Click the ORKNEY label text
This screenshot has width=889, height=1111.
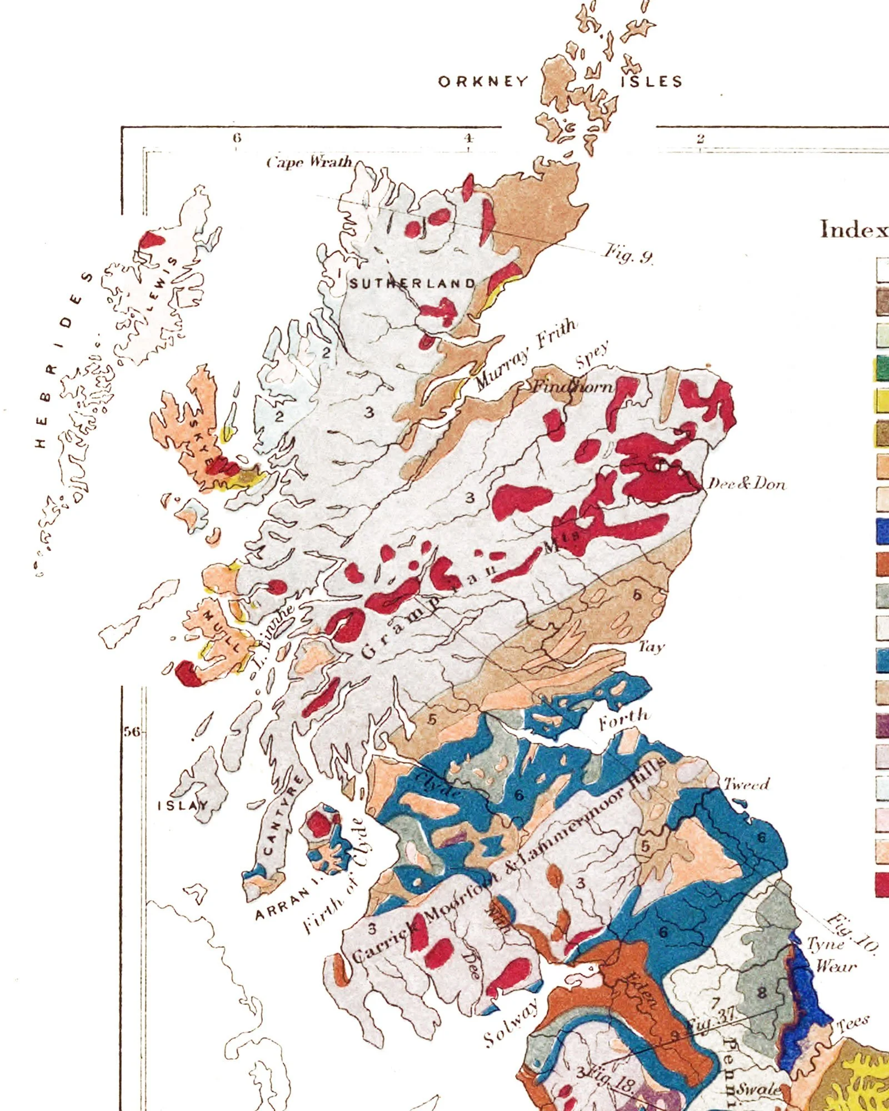pos(483,82)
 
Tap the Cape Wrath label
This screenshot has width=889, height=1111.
pos(309,162)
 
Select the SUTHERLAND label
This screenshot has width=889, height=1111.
pos(412,283)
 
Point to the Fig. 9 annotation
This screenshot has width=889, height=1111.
pos(628,253)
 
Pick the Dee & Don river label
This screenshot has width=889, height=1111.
pos(747,484)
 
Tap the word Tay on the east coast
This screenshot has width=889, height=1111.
pos(651,647)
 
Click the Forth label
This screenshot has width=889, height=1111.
pos(623,720)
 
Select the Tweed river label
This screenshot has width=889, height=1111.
pos(746,784)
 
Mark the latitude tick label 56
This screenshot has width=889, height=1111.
pos(132,732)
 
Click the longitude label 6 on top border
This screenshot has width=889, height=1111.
pos(237,138)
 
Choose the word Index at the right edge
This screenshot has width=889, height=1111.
pos(853,229)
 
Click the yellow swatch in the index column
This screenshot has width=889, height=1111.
pos(882,400)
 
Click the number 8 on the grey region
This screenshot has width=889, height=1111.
pos(762,993)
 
